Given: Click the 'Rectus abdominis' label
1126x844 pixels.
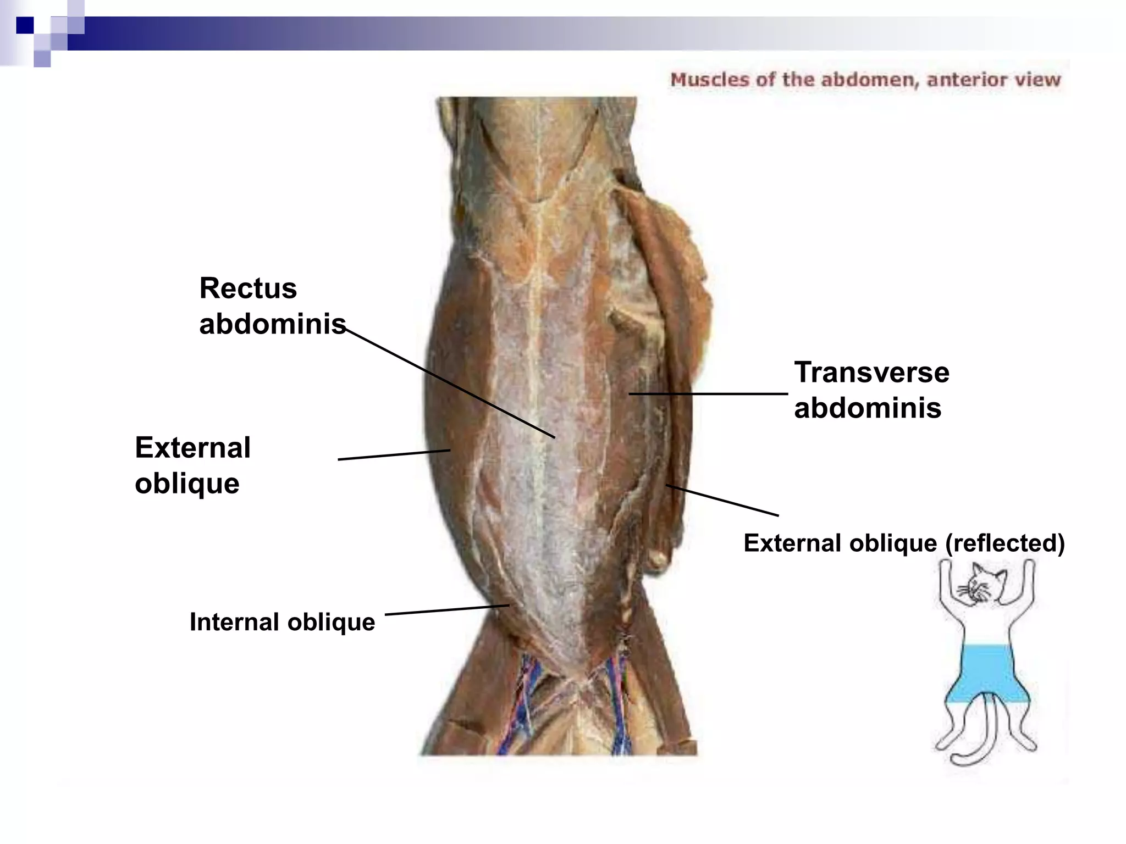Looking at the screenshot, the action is click(x=272, y=306).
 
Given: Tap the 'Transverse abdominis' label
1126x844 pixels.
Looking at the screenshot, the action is click(x=871, y=390).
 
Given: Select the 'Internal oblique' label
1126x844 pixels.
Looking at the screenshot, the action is click(x=282, y=622).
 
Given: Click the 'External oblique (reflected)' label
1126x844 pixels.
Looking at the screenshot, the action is click(x=904, y=543).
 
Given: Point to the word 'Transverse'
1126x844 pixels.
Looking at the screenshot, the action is click(x=871, y=372).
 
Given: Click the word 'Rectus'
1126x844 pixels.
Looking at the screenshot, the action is click(x=248, y=288).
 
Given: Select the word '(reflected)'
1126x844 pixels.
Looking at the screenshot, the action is click(x=1004, y=543).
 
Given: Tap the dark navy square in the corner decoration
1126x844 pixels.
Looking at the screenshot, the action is click(x=25, y=25).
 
